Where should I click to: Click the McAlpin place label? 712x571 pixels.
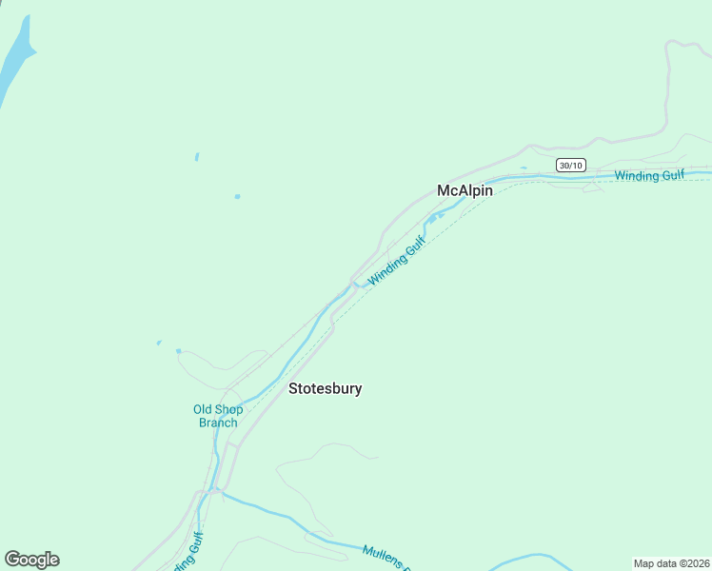click(465, 190)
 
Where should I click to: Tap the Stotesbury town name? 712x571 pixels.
click(325, 388)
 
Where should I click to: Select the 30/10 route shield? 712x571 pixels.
click(570, 166)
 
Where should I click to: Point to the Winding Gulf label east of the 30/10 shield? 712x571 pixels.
click(649, 176)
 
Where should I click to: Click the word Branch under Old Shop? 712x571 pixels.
click(218, 423)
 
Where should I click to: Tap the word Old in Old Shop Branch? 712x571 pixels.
click(203, 410)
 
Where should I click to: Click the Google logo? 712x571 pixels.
click(31, 560)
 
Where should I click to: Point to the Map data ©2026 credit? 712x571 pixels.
click(672, 563)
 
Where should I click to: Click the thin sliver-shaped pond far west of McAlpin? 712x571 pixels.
click(197, 157)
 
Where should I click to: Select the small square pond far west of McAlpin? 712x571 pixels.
click(237, 197)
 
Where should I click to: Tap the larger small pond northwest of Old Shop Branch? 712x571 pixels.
click(178, 351)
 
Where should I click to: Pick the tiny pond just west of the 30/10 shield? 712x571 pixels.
click(524, 168)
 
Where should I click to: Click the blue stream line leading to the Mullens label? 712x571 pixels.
click(286, 519)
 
